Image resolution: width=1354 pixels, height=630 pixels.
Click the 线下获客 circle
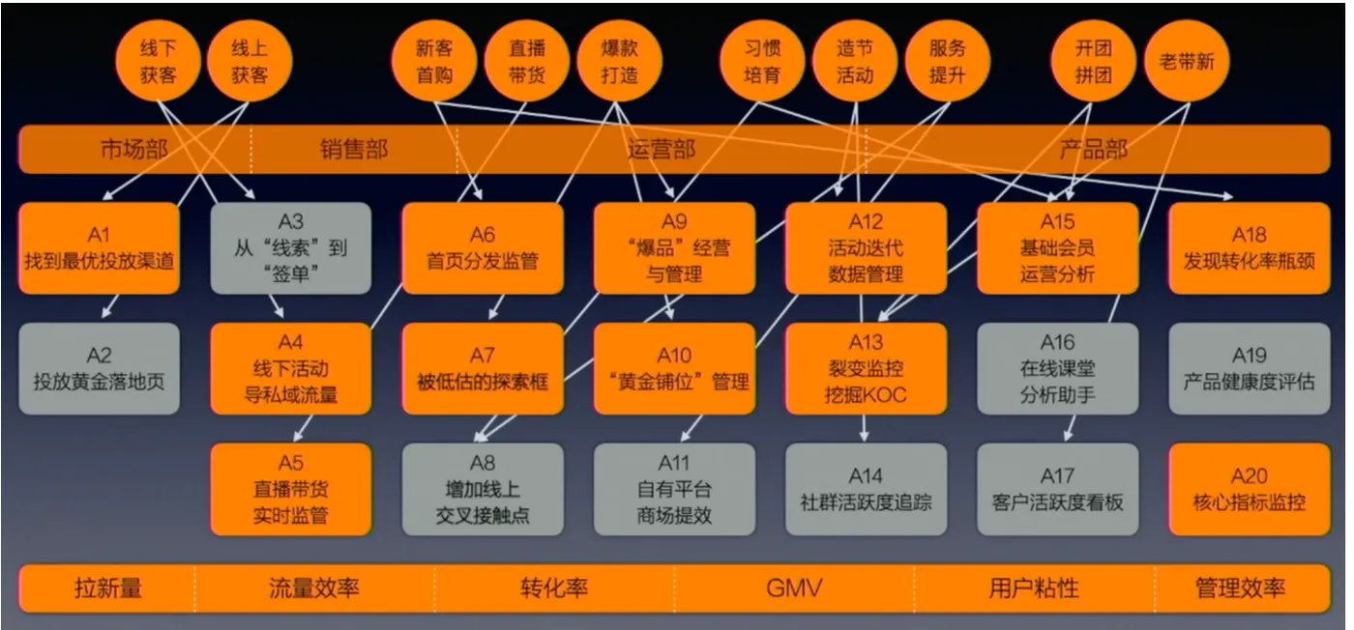(x=158, y=61)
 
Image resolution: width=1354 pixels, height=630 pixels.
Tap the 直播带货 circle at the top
(x=526, y=61)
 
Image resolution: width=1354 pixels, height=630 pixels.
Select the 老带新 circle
(x=1187, y=61)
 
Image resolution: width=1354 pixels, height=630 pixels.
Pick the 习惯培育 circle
(x=762, y=61)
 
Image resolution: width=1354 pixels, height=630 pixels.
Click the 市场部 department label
(x=133, y=149)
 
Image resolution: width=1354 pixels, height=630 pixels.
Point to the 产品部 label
(x=1094, y=149)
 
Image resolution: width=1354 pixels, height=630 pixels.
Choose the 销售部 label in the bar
(x=354, y=149)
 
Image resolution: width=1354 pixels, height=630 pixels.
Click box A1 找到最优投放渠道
(x=99, y=248)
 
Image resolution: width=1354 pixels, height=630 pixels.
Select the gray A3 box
(x=291, y=248)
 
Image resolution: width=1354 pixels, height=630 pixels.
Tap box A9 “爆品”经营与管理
(x=674, y=248)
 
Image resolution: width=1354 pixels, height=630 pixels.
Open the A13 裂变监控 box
(x=866, y=368)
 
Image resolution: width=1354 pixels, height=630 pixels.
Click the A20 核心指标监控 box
(x=1250, y=489)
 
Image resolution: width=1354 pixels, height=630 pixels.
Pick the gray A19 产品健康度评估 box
(x=1250, y=368)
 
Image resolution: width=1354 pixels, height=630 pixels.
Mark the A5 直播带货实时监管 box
(x=291, y=489)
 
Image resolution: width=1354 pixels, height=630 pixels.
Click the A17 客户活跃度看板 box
(x=1057, y=489)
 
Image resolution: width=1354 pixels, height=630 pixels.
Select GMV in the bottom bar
(x=794, y=587)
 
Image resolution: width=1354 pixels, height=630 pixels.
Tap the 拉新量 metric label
(x=108, y=587)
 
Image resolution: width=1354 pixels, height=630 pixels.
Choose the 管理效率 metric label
(x=1240, y=587)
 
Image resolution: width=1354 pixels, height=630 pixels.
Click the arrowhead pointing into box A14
(x=865, y=436)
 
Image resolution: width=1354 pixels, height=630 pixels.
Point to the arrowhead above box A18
(x=1227, y=196)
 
